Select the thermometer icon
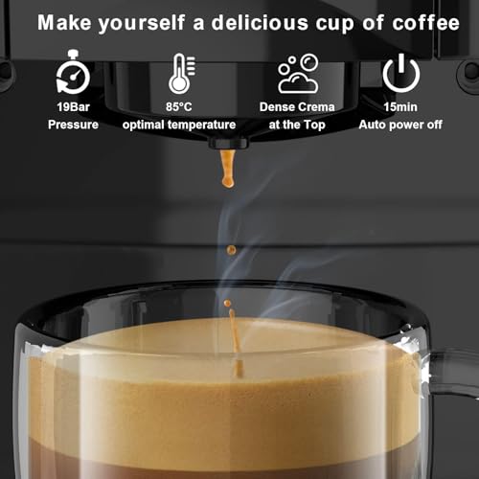coord(179,74)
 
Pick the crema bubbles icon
coord(298,74)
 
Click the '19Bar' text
coord(73,108)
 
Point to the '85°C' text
coord(179,108)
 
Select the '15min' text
coord(400,108)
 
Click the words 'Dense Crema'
coord(298,108)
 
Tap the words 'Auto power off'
coord(400,125)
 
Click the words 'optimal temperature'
coord(179,125)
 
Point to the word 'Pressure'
coord(73,125)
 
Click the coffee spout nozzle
coord(228,144)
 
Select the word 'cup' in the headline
coord(340,21)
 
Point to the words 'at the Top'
coord(298,125)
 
